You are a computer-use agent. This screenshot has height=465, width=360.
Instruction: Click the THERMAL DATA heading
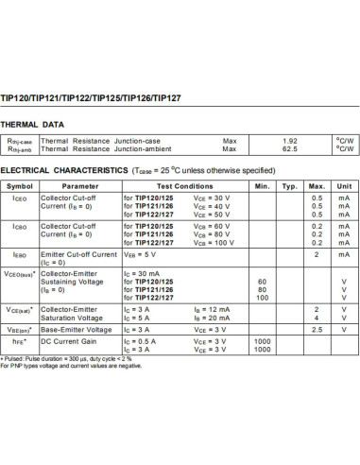click(x=32, y=124)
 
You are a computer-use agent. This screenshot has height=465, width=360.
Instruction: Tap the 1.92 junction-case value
click(x=290, y=141)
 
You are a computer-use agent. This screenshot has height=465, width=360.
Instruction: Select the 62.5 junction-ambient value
click(x=290, y=148)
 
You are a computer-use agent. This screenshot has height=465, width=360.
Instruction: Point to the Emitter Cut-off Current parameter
click(x=77, y=254)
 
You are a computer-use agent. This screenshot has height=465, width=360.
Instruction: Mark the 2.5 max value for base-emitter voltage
click(x=317, y=329)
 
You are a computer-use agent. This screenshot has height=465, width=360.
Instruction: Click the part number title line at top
click(x=86, y=95)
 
